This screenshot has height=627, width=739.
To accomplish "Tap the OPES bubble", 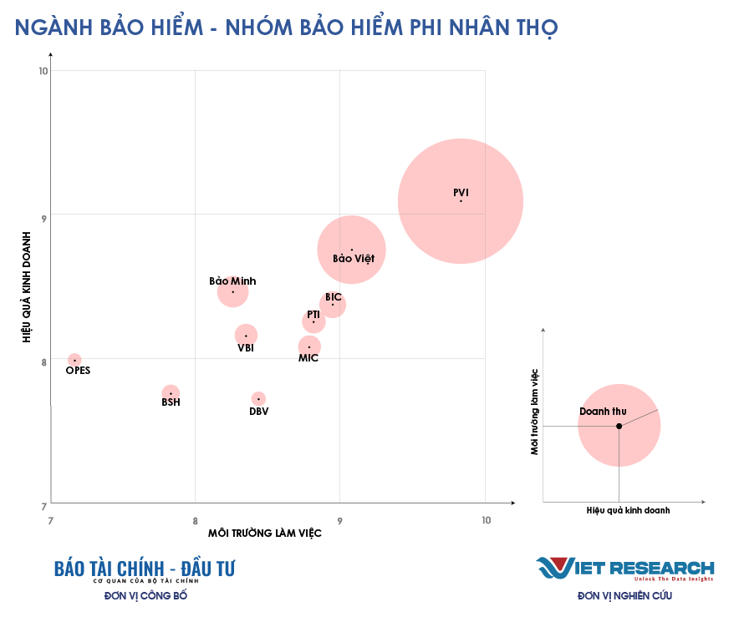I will coord(74,360).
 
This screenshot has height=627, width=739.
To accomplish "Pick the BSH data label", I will coord(171,402).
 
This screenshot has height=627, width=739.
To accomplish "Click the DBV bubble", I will coord(258,398).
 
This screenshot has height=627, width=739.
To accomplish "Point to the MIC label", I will coord(308,358).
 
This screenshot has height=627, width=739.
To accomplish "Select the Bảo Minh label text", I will coord(232,281).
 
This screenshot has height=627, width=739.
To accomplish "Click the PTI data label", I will coord(313,315).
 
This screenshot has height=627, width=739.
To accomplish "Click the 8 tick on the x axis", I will coord(195,520).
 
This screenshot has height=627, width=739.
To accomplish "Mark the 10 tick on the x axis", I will coord(486,520).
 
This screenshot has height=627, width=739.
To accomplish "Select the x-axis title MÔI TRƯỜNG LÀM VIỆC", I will coord(265,534).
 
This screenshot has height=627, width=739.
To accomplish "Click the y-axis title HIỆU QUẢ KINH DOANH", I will coord(27,287).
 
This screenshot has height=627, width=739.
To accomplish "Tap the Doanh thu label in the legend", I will coord(603,412).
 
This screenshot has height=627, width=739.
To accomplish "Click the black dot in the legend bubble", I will coord(619,426).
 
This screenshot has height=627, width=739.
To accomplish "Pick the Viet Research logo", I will coord(625,569).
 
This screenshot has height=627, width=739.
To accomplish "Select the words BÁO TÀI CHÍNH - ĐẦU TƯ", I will coord(145,569).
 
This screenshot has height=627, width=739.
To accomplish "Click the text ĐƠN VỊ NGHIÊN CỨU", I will coord(624,596).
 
